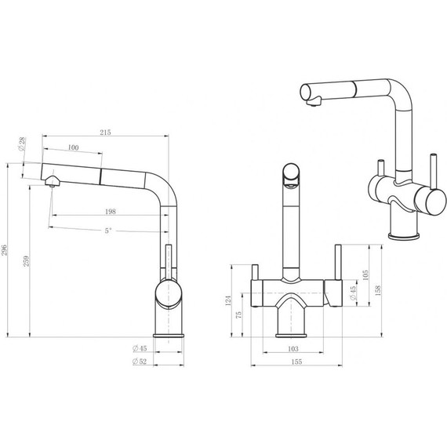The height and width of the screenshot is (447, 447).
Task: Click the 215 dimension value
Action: pyautogui.click(x=105, y=133)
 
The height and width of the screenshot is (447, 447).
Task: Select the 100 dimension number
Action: pyautogui.click(x=73, y=147)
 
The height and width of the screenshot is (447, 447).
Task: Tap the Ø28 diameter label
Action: pyautogui.click(x=22, y=144)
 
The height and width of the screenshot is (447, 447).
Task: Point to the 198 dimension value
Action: pyautogui.click(x=111, y=212)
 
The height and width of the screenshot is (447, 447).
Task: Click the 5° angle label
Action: pyautogui.click(x=108, y=231)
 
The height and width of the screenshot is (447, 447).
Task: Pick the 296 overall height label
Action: pyautogui.click(x=4, y=249)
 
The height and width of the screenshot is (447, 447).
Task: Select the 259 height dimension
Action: pyautogui.click(x=26, y=261)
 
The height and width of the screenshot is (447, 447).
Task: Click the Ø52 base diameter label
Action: pyautogui.click(x=140, y=362)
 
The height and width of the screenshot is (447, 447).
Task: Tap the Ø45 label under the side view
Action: pyautogui.click(x=140, y=348)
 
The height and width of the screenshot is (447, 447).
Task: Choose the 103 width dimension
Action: pyautogui.click(x=293, y=349)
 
